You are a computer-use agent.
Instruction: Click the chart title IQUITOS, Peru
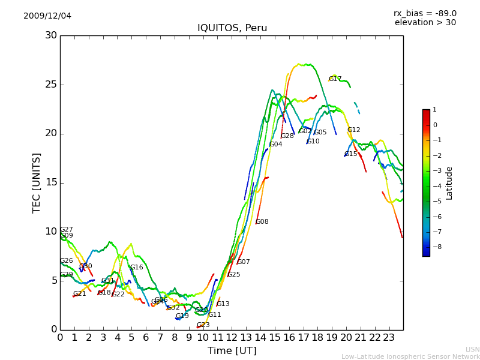232,28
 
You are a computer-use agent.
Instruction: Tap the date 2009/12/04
47,16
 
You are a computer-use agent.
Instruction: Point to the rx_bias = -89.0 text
425,13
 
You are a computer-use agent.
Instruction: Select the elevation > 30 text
425,23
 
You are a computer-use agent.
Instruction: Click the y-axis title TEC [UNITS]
37,182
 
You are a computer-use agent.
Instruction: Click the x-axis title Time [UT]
232,351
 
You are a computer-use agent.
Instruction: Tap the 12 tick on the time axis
232,337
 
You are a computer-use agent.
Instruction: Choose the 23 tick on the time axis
389,337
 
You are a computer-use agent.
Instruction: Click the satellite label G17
335,79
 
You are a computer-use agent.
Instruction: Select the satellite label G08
262,222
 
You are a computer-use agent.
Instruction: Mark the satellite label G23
203,325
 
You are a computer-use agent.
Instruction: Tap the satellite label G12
354,130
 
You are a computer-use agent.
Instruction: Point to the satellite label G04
275,145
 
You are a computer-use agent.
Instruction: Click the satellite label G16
137,268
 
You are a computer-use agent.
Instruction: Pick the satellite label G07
244,262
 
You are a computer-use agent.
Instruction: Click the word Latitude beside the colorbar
449,183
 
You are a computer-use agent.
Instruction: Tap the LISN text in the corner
472,349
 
